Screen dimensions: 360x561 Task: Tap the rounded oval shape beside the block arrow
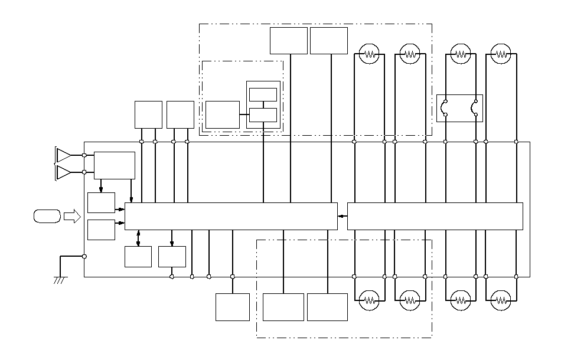tap(47, 217)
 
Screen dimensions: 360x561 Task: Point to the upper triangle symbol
tap(63, 155)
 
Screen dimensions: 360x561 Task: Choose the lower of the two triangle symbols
tap(63, 172)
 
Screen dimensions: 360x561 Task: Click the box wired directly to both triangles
tap(115, 165)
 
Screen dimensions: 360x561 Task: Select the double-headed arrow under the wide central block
tap(138, 238)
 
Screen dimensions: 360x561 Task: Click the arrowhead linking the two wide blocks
tap(341, 217)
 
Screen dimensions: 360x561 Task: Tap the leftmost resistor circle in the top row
tap(370, 54)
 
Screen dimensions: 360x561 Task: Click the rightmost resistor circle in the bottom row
tap(501, 299)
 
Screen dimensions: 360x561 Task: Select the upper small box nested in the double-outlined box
tap(263, 94)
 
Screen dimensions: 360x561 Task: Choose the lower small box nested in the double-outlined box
tap(263, 114)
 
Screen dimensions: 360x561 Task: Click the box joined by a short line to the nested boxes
tap(223, 114)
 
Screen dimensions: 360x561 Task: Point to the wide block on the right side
tap(435, 216)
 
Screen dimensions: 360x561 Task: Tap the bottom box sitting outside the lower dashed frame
tap(233, 307)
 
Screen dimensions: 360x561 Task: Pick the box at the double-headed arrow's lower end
tap(138, 257)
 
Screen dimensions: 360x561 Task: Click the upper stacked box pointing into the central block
tap(101, 202)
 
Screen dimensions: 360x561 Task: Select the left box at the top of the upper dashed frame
tap(289, 41)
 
